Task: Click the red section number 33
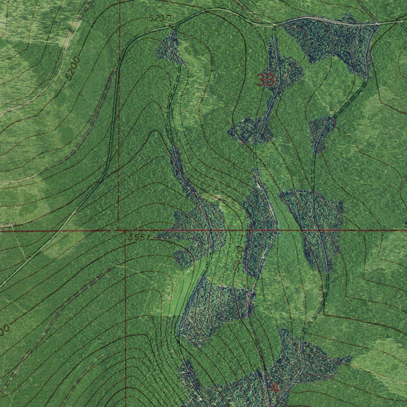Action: pos(265,80)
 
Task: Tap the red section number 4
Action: pos(274,388)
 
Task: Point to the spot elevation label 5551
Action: pos(139,237)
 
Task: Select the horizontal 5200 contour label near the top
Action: pos(160,18)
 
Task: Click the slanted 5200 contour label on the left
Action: pos(73,68)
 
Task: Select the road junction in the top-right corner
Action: pos(378,24)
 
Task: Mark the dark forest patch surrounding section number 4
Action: pos(294,370)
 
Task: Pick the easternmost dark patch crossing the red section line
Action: pos(318,227)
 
